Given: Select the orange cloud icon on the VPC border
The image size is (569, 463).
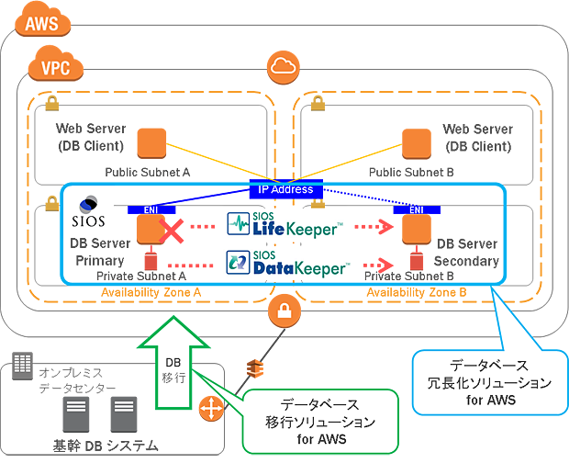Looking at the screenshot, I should click(x=281, y=66).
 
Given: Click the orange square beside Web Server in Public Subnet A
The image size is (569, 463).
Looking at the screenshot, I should click(x=151, y=143).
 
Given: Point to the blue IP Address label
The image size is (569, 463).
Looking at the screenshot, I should click(x=286, y=189).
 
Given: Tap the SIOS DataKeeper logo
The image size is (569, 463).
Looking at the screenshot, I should click(x=287, y=265).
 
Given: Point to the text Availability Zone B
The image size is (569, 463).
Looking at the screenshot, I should click(x=418, y=292).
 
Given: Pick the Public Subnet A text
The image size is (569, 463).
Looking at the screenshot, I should click(x=148, y=172).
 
